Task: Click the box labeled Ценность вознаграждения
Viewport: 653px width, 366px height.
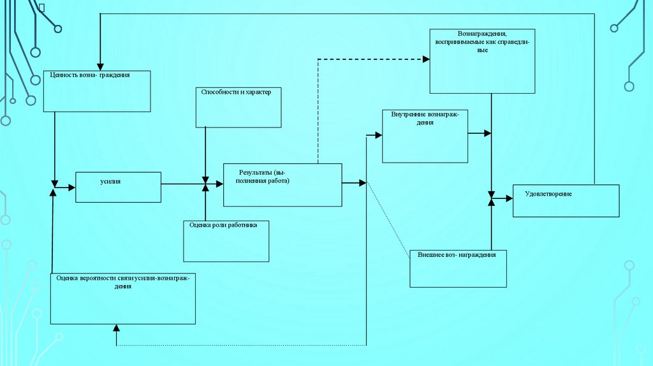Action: [96, 91]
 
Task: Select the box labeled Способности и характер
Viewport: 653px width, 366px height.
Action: [238, 106]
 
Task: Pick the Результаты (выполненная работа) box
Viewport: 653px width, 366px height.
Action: [282, 185]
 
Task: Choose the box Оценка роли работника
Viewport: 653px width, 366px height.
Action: [226, 241]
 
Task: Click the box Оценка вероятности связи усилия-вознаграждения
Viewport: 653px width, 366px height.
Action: [123, 298]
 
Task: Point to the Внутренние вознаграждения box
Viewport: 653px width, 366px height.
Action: [425, 136]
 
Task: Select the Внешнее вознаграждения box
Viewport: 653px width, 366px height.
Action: [459, 268]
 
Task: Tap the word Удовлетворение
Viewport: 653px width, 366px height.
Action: [548, 194]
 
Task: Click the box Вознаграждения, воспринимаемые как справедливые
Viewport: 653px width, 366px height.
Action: [482, 61]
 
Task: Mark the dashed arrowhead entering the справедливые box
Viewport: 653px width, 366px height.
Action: [425, 59]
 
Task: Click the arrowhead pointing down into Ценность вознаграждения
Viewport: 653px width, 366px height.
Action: [99, 66]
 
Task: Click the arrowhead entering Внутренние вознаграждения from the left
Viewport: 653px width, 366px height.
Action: [378, 135]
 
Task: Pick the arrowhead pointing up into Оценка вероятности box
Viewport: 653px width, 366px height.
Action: [116, 328]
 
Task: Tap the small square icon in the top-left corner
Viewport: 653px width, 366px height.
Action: [41, 8]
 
